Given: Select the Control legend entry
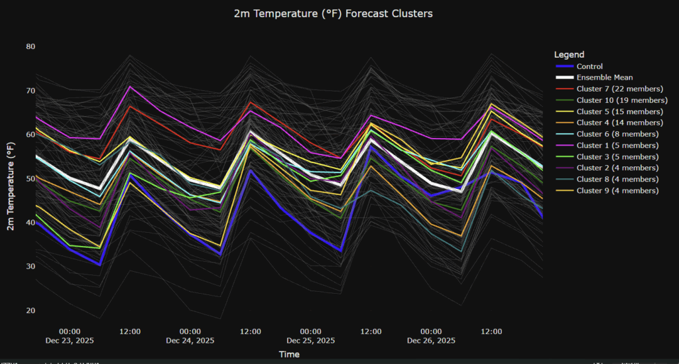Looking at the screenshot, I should pos(589,66).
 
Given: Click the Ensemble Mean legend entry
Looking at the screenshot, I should pos(603,78).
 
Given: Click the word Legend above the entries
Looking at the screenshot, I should pos(569,54).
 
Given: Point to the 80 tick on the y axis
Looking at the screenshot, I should pos(31,46).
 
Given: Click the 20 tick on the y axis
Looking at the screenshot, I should pos(31,310).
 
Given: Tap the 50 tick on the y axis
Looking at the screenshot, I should pos(31,178).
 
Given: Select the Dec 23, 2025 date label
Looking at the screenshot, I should pos(70,341).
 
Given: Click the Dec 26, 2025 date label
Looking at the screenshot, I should pos(431,341).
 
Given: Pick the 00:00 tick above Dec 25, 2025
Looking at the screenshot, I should pos(310,331).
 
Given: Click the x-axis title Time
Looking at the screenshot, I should pos(289,355).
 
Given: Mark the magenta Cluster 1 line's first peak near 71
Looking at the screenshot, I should pos(130,86).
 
